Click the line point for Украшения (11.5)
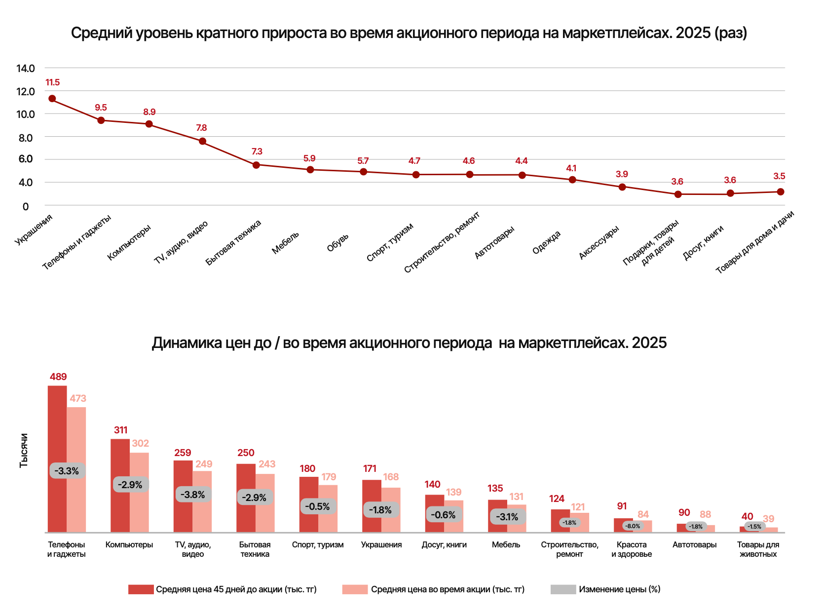(52, 99)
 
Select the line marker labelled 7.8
(202, 141)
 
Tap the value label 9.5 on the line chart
(101, 108)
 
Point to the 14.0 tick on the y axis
(26, 69)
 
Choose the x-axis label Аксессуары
(598, 242)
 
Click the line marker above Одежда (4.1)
(572, 180)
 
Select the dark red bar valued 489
(57, 459)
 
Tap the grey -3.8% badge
(193, 495)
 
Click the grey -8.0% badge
(633, 526)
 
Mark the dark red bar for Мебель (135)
(497, 516)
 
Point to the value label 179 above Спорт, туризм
(329, 477)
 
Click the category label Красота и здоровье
(632, 549)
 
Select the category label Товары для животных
(758, 549)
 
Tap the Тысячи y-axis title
(24, 450)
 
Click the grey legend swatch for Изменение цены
(563, 589)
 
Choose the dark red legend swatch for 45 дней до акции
(141, 589)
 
